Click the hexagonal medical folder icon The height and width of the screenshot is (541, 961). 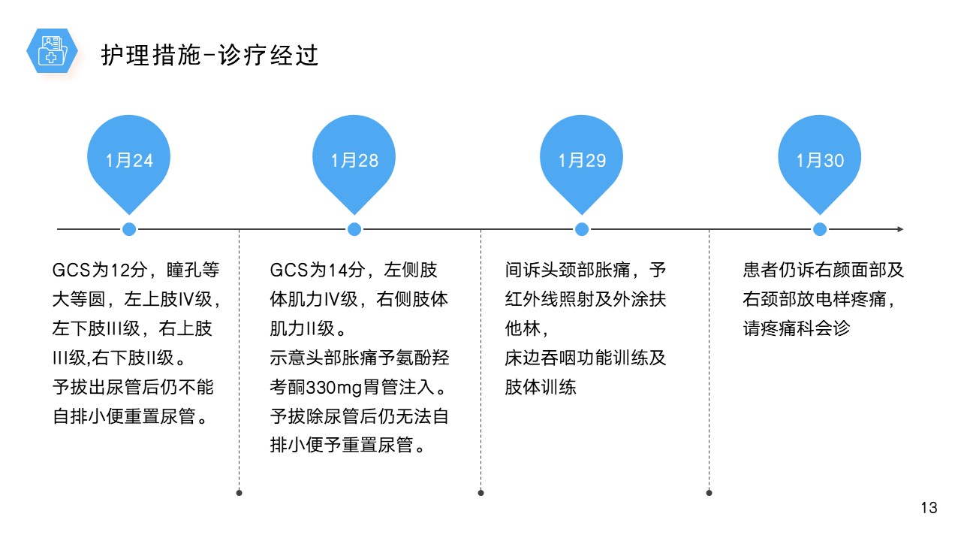click(52, 50)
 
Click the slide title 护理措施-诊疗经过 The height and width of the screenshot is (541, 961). click(209, 56)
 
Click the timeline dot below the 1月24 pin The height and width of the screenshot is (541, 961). click(129, 229)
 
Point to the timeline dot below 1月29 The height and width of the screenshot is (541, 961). click(582, 229)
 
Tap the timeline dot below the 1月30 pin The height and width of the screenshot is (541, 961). click(820, 229)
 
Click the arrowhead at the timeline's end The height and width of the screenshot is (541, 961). click(900, 229)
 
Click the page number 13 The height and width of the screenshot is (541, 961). click(929, 508)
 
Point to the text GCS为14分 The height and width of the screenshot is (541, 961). click(317, 270)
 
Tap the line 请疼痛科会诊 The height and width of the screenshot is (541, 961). click(797, 328)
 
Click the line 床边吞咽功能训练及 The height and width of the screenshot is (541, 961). click(585, 358)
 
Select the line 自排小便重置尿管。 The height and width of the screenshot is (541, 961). click(131, 416)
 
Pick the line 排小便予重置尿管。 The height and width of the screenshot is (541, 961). click(348, 446)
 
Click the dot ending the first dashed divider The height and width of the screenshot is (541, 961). click(239, 493)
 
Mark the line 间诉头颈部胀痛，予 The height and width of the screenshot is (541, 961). click(585, 270)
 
